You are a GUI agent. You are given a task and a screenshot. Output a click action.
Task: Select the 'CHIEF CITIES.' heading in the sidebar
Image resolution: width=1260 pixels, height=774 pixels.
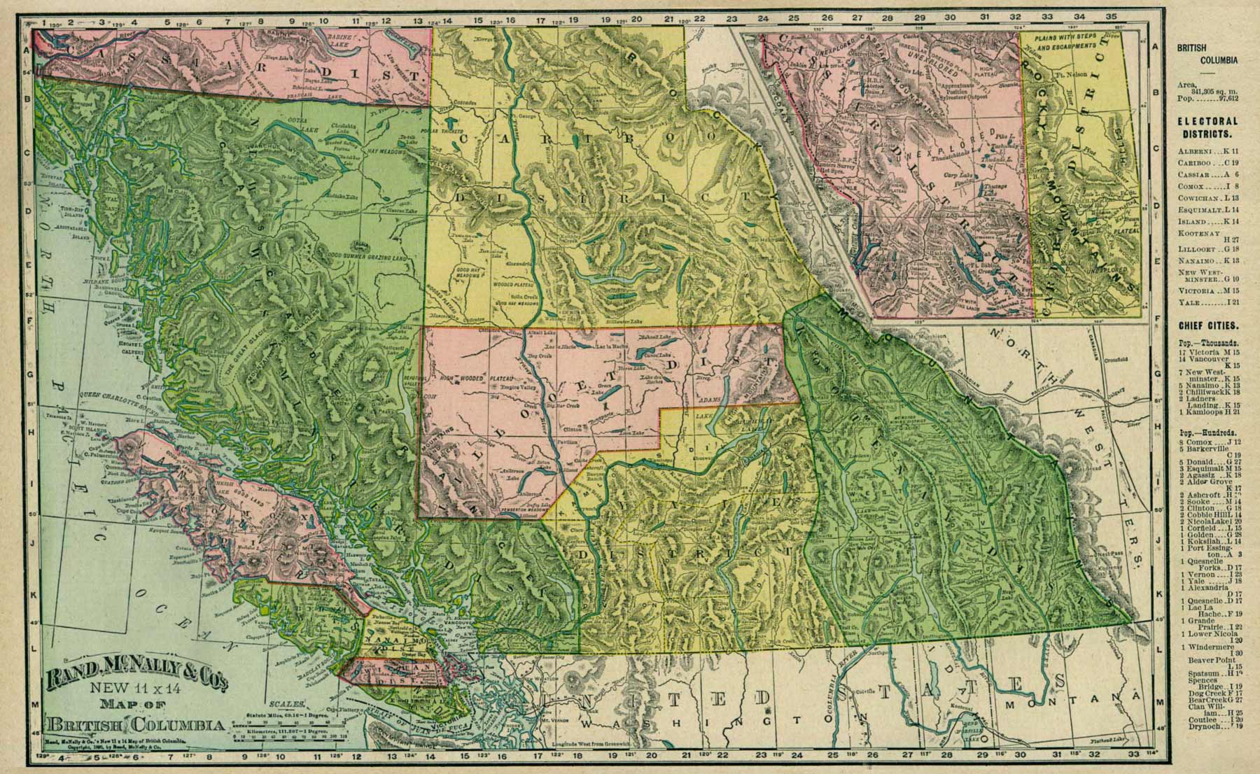point(1207,325)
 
